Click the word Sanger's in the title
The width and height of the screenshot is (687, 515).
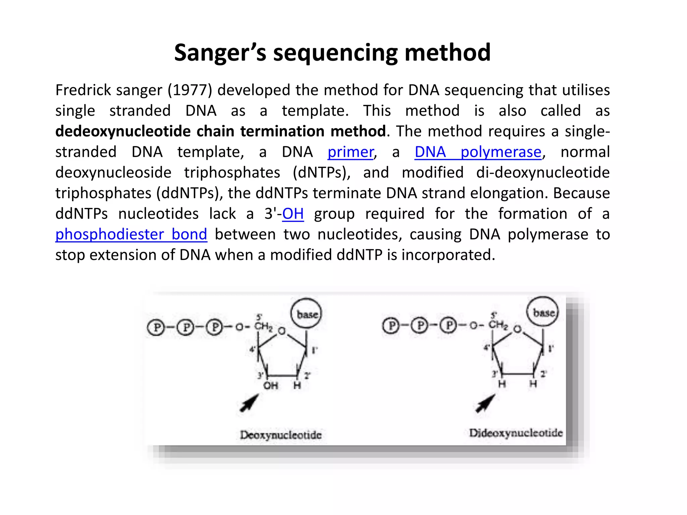tap(220, 53)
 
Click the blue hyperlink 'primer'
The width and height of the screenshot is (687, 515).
tap(351, 152)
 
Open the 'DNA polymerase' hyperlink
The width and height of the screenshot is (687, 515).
tap(478, 152)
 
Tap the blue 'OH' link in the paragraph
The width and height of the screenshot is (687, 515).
tap(293, 214)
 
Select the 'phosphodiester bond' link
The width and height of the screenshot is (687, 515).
tap(131, 234)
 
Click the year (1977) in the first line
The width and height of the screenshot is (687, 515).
tap(190, 90)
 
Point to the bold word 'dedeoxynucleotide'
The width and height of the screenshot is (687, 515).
tap(123, 131)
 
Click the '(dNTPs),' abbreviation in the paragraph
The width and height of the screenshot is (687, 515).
tap(322, 173)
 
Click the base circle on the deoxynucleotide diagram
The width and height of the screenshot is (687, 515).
tap(306, 313)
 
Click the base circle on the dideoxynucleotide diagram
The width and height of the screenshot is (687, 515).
tap(543, 312)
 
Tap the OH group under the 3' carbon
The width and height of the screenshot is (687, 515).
tap(270, 386)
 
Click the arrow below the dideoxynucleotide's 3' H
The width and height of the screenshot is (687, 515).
tap(485, 403)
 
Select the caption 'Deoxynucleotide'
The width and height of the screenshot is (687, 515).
tap(281, 435)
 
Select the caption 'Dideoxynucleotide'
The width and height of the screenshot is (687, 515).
tap(516, 433)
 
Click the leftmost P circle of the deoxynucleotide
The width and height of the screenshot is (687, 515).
tap(156, 327)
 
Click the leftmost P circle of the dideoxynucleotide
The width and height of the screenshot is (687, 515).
tap(391, 325)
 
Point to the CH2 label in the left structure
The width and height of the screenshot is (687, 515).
tap(263, 326)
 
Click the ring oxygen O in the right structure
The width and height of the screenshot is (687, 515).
tap(518, 329)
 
